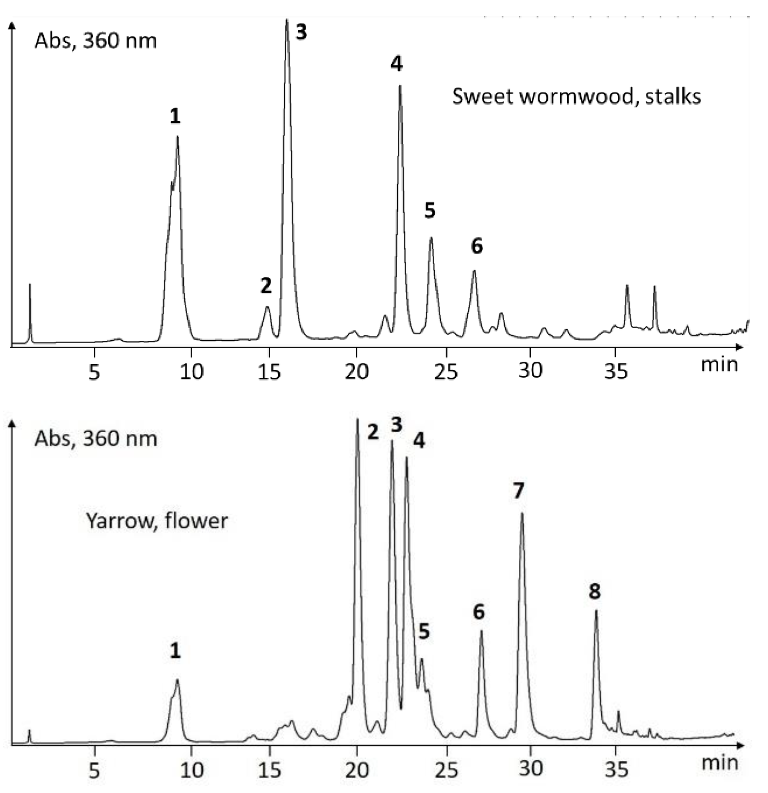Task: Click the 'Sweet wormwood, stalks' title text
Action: [x=576, y=97]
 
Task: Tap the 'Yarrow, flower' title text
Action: [x=157, y=521]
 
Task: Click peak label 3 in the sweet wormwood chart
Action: [x=301, y=32]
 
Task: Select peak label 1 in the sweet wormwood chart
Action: [x=175, y=117]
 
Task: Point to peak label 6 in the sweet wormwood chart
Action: [x=477, y=246]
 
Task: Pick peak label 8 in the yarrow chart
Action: [x=594, y=591]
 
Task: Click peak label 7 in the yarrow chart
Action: [x=518, y=491]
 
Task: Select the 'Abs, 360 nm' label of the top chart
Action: [x=95, y=41]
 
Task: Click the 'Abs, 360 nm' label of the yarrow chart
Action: [x=95, y=439]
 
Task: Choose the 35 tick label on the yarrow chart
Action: [x=616, y=770]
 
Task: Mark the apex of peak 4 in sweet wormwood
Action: [x=400, y=86]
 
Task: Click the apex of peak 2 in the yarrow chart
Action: [x=357, y=419]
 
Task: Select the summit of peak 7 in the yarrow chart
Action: [x=522, y=513]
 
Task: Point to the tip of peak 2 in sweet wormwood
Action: [x=267, y=307]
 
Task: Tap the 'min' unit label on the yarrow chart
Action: [x=720, y=763]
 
